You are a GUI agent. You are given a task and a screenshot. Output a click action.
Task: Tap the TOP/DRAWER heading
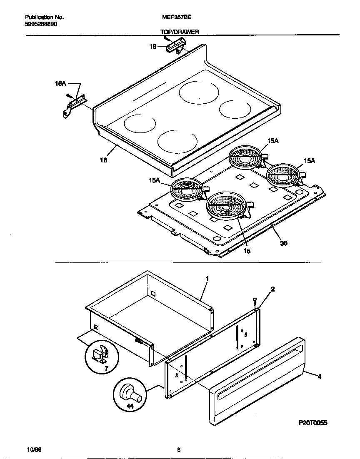click(180, 32)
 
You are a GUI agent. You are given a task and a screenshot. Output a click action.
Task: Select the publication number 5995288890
click(41, 24)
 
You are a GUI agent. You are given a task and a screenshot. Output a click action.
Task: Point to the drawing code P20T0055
click(313, 423)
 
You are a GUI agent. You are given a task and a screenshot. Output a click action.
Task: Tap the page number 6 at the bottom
click(179, 450)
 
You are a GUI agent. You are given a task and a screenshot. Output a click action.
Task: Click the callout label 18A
click(60, 84)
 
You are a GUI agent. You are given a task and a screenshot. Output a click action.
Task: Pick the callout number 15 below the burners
click(247, 251)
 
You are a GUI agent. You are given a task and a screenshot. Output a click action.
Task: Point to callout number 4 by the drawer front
click(319, 377)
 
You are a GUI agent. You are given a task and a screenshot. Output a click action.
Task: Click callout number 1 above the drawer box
click(207, 278)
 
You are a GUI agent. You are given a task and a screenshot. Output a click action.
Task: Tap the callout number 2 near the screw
click(272, 289)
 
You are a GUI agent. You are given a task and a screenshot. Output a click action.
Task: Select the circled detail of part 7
click(102, 357)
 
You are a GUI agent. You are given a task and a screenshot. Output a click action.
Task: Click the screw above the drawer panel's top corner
click(255, 301)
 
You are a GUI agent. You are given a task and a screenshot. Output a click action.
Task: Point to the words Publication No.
click(44, 17)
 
